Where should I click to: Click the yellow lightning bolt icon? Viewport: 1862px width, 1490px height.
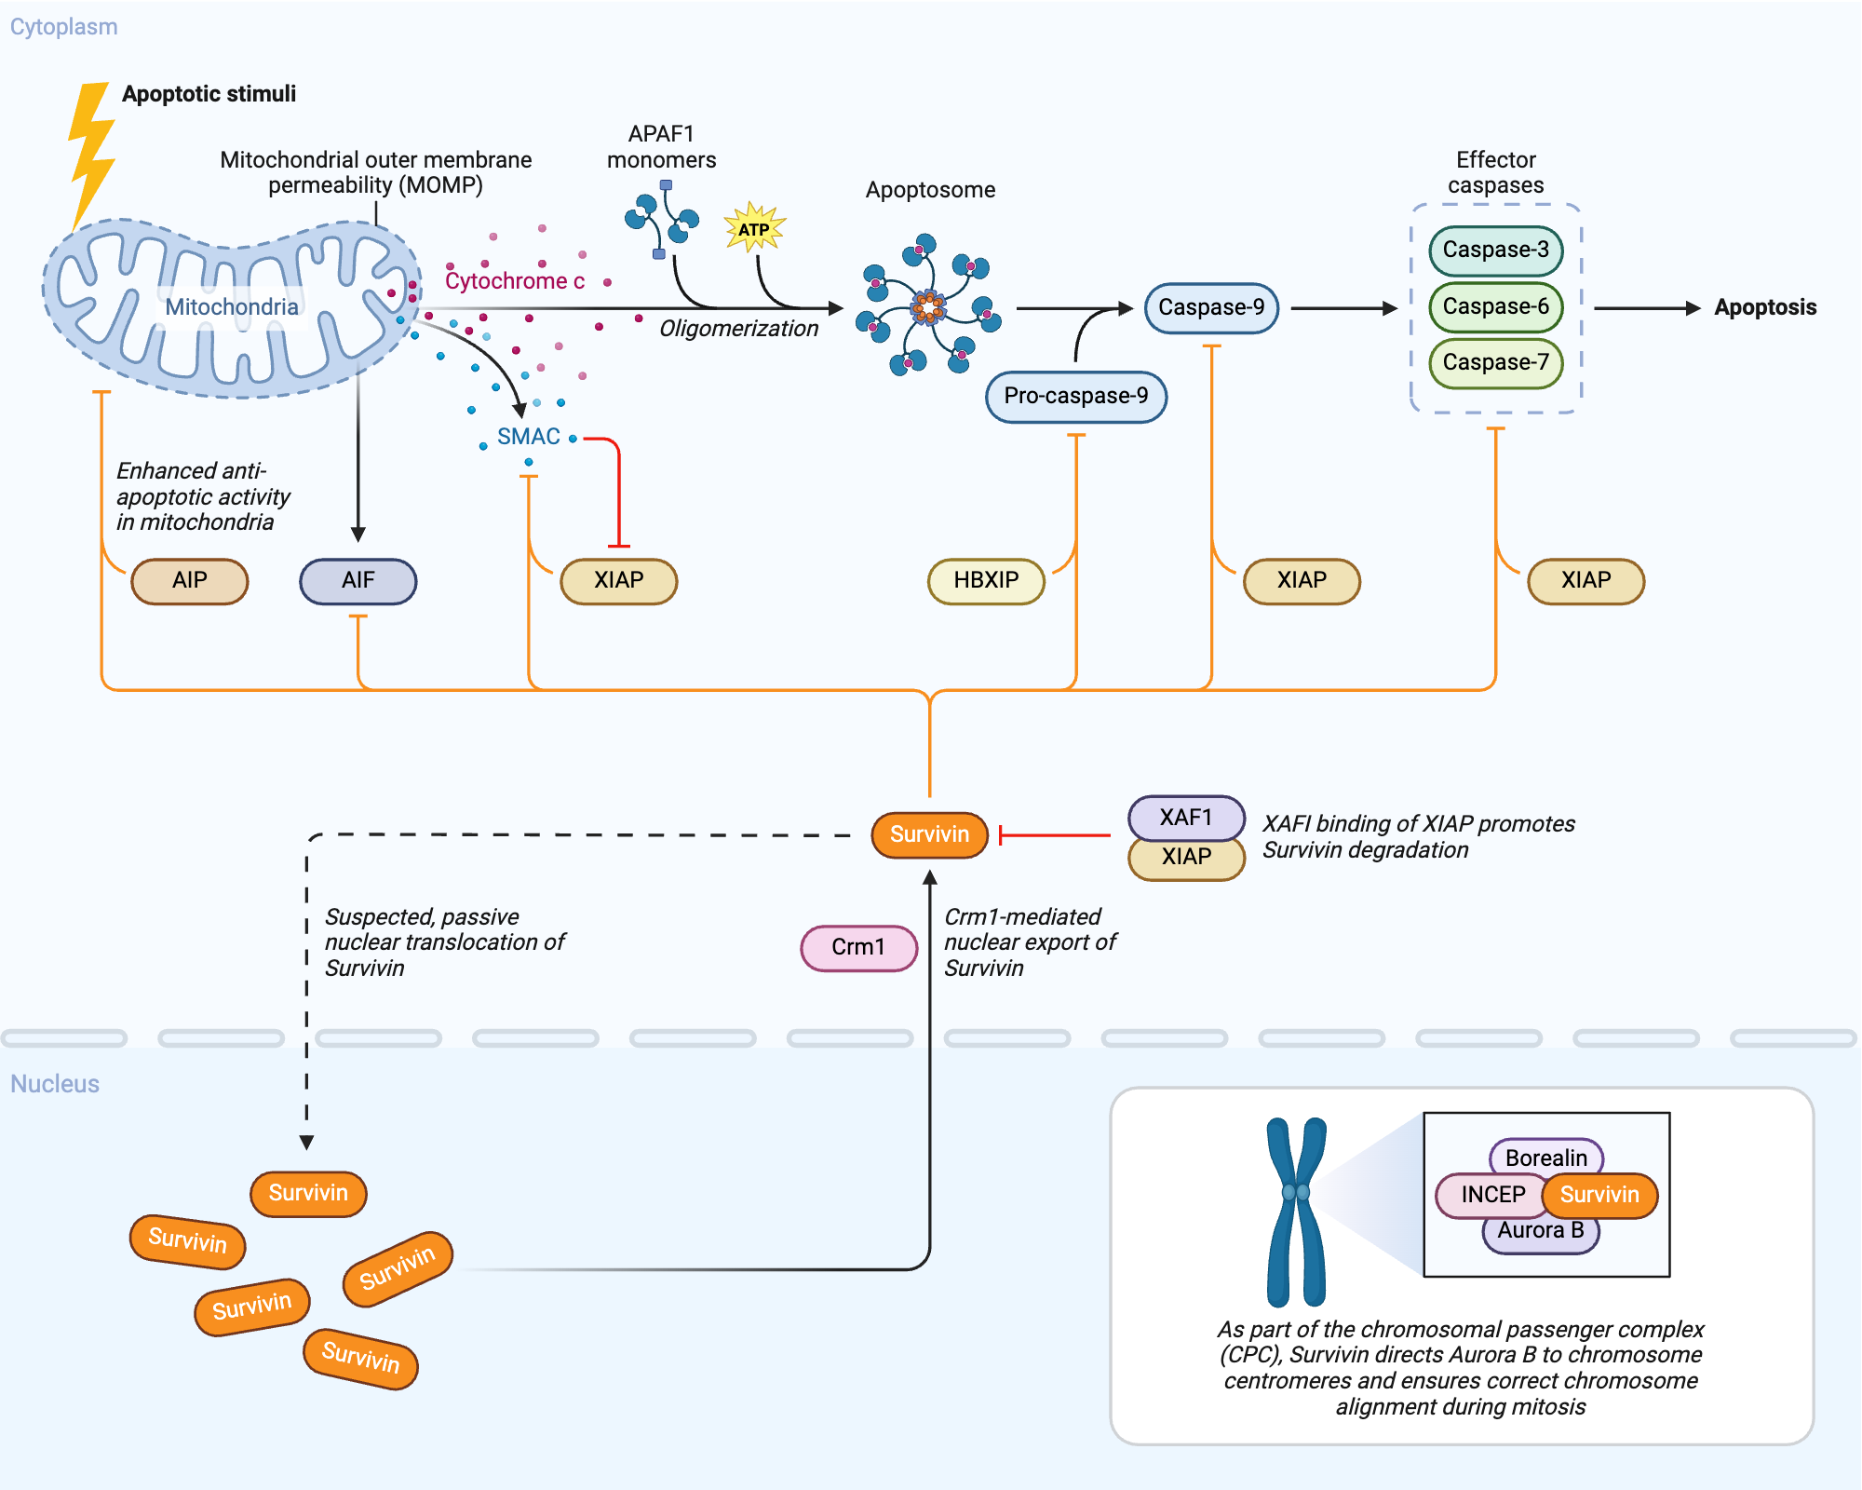click(x=91, y=154)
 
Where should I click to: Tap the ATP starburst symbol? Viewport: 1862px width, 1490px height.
click(x=754, y=228)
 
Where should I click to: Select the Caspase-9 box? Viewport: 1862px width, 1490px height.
click(x=1211, y=307)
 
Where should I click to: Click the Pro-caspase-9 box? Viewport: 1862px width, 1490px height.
click(x=1075, y=396)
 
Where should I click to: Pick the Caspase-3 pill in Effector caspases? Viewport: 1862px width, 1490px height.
click(x=1495, y=250)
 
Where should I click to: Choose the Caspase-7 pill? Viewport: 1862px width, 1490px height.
click(x=1495, y=362)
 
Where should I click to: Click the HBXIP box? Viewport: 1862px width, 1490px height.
click(x=986, y=580)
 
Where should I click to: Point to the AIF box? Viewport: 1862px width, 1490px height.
click(x=358, y=580)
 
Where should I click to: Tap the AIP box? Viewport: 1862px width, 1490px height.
click(x=190, y=580)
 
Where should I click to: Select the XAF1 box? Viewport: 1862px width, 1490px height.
click(x=1185, y=817)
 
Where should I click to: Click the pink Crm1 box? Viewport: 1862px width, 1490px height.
click(x=858, y=947)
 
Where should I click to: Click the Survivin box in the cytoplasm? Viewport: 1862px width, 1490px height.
click(x=929, y=834)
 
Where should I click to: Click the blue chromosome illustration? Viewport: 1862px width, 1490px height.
click(x=1296, y=1211)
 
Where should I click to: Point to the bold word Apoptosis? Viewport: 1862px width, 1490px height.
click(x=1765, y=307)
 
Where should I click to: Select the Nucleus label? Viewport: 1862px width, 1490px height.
click(x=55, y=1084)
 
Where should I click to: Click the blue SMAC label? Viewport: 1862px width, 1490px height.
click(x=528, y=437)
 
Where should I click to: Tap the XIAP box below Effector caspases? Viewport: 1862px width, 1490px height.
click(x=1585, y=580)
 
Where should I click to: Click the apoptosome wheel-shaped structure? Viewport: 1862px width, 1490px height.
click(x=928, y=305)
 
